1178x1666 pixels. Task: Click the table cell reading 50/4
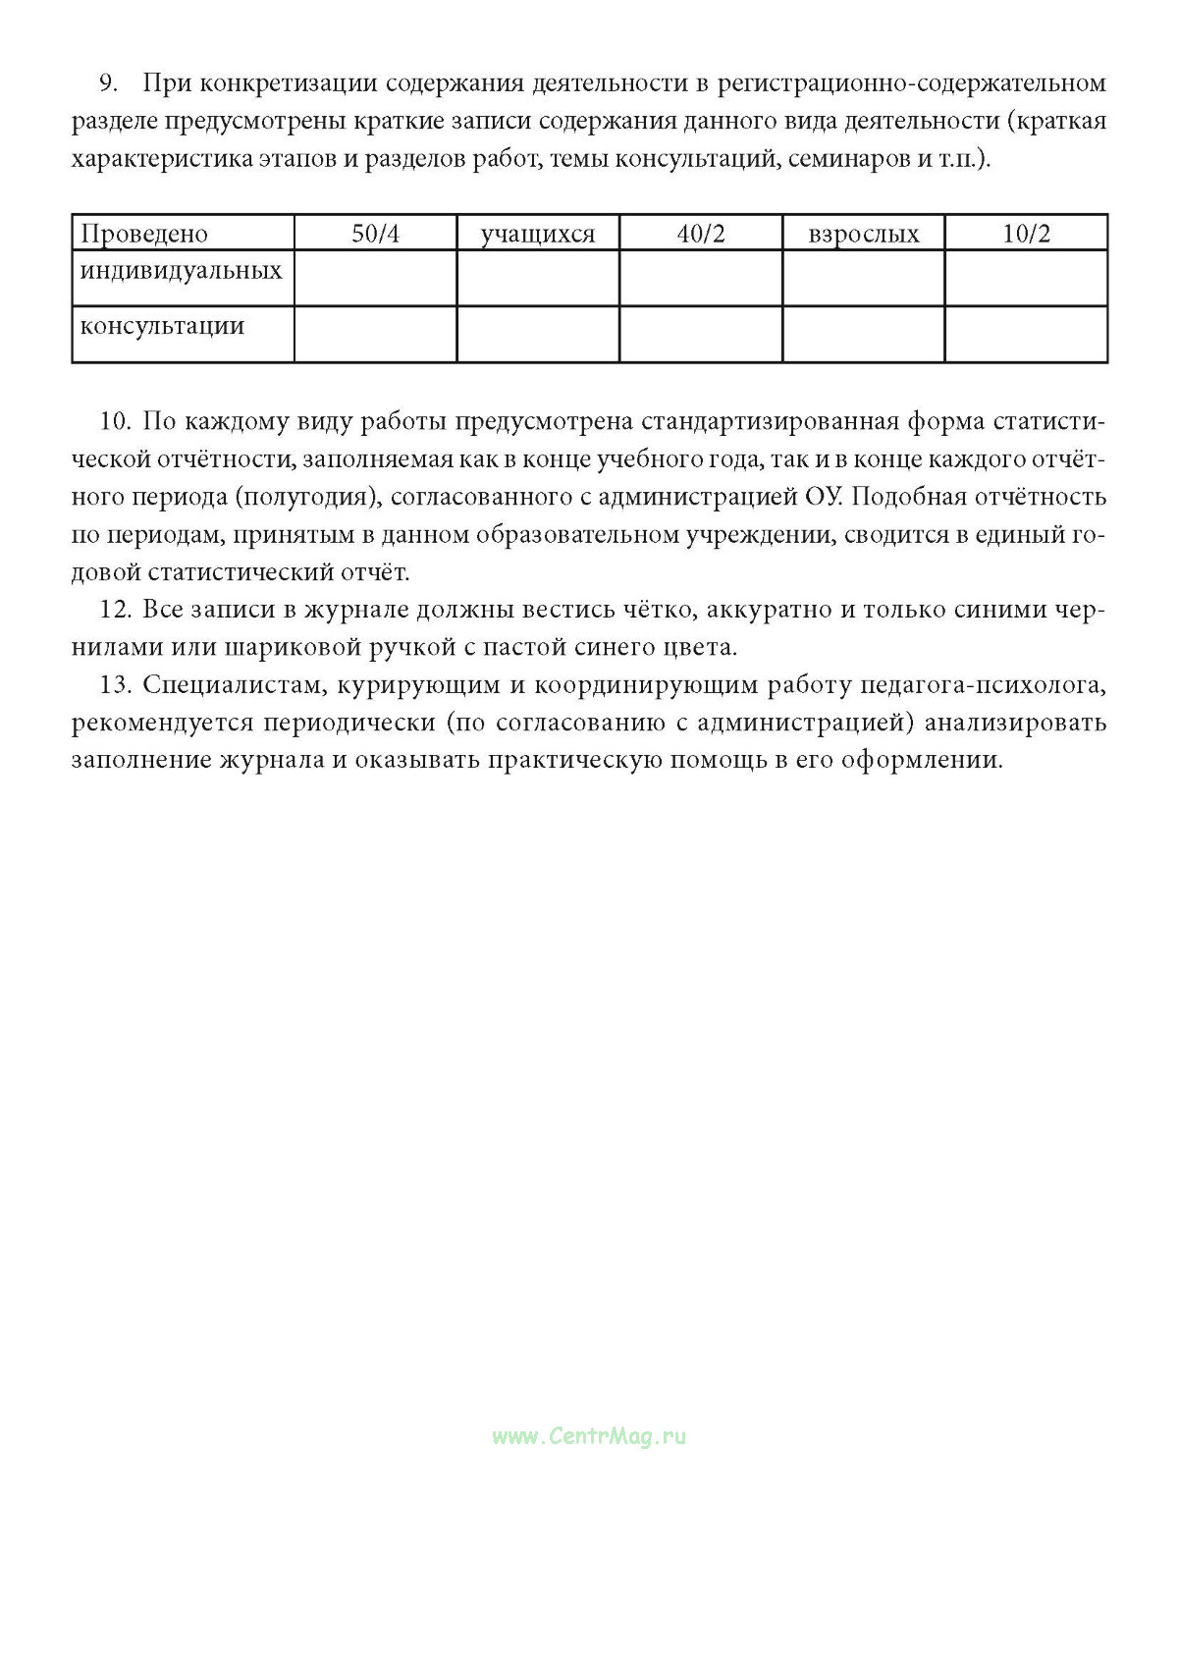(375, 234)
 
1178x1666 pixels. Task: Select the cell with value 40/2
(700, 234)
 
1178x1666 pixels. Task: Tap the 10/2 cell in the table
(1026, 234)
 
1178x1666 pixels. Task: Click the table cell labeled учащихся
(537, 234)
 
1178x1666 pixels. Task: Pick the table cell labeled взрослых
(863, 234)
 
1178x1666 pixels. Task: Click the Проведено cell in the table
(144, 234)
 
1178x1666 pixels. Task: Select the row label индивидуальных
(181, 269)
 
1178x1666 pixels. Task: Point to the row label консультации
(162, 325)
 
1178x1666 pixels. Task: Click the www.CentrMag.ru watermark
(589, 1436)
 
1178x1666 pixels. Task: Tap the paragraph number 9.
(108, 82)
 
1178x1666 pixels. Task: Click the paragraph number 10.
(116, 421)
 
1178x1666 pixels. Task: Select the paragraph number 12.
(116, 610)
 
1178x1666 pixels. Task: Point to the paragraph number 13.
(116, 684)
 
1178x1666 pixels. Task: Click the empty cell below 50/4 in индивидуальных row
(375, 278)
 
